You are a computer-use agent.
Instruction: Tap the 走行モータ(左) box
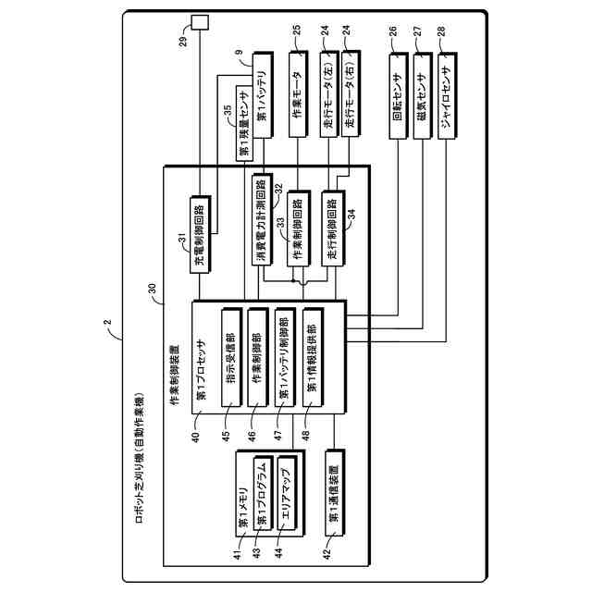(x=326, y=103)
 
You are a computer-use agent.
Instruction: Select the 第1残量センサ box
(x=244, y=126)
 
